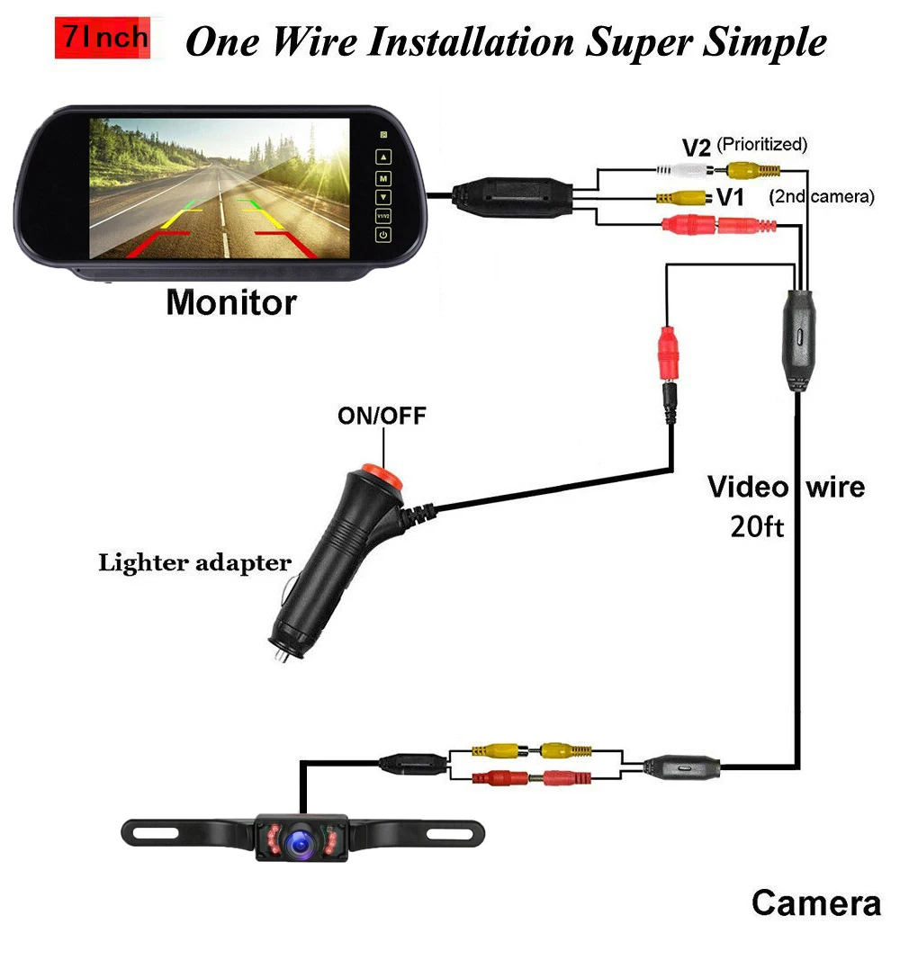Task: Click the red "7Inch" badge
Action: [101, 38]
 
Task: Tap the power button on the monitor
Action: [383, 235]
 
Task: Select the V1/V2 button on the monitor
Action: [383, 216]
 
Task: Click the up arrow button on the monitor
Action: [383, 157]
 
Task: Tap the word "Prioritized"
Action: [762, 144]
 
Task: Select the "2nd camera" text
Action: [822, 196]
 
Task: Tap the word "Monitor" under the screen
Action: [230, 302]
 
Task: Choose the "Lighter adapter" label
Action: [194, 564]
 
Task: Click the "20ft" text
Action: [756, 527]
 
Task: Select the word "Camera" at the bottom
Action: [815, 902]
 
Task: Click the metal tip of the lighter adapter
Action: [281, 656]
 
